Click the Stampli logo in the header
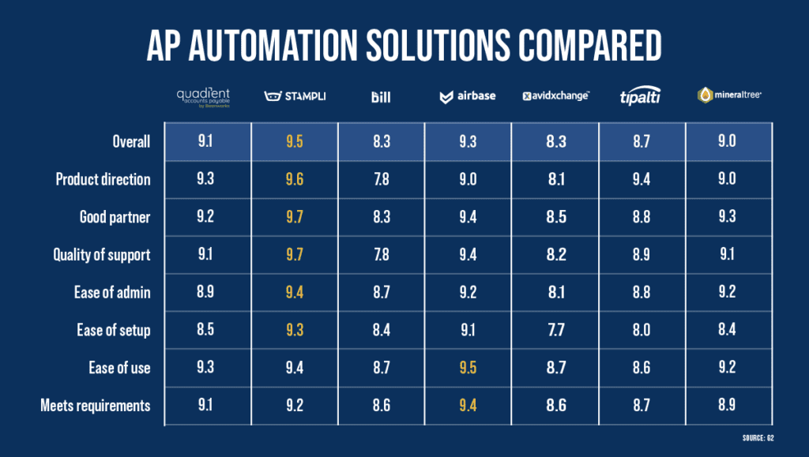(x=294, y=96)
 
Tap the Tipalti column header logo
(x=642, y=96)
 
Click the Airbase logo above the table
(x=468, y=96)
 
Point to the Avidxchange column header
(x=555, y=96)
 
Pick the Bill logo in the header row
(x=381, y=97)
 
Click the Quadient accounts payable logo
(x=207, y=97)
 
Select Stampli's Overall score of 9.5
(x=294, y=141)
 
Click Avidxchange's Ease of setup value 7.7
(x=555, y=330)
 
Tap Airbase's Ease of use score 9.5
(x=468, y=368)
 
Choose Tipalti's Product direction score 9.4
(x=642, y=179)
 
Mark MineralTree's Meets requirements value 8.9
(x=728, y=406)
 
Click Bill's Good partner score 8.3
(x=381, y=217)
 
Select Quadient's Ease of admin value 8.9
(x=207, y=292)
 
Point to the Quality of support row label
(x=101, y=254)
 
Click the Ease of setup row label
(x=113, y=330)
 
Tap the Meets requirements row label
(x=95, y=406)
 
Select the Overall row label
(x=130, y=141)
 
